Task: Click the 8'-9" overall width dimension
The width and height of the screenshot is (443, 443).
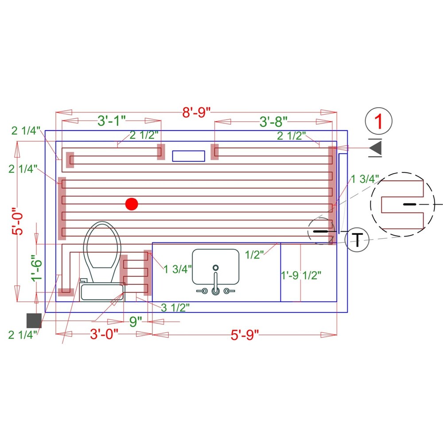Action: (x=196, y=112)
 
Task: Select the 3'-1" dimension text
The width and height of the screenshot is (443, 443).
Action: (x=111, y=120)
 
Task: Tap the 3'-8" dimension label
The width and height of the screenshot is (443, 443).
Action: (x=273, y=121)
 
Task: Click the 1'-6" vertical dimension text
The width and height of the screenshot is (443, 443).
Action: (x=37, y=268)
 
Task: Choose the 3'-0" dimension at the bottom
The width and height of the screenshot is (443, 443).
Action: (x=104, y=334)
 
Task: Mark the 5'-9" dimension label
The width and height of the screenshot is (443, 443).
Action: (x=245, y=335)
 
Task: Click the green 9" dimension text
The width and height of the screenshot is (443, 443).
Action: (x=136, y=322)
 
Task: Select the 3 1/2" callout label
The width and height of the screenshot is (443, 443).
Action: (x=175, y=308)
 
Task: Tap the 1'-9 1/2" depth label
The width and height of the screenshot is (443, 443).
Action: (x=301, y=275)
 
